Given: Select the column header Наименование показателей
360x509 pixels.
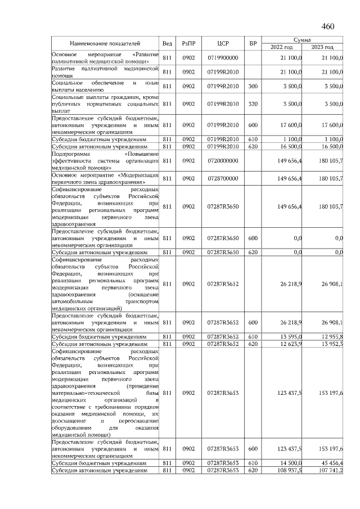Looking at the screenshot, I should [x=105, y=43].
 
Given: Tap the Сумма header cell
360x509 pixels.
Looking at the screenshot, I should [x=307, y=39].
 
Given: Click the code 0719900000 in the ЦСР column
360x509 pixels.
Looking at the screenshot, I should [x=223, y=58].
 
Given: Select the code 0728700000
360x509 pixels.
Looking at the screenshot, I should [x=223, y=178].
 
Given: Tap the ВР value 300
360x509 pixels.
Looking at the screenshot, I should [x=253, y=86].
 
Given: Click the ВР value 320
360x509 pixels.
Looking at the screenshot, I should [x=253, y=104].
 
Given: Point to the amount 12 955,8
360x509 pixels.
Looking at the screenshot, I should [x=331, y=336].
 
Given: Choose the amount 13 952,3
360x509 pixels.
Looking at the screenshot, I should [x=331, y=344].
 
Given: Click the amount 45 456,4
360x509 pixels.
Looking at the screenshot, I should [x=331, y=462].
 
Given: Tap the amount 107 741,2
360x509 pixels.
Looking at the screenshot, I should [x=330, y=470].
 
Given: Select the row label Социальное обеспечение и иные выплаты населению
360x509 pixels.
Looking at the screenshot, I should [x=105, y=86].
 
